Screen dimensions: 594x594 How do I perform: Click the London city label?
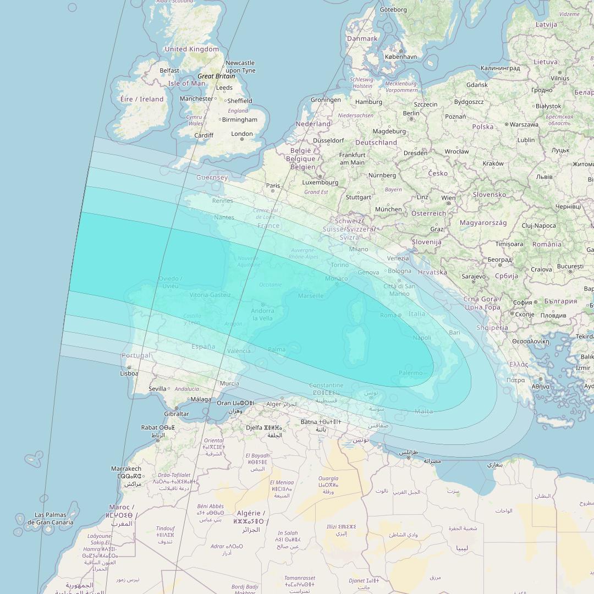pyautogui.click(x=242, y=134)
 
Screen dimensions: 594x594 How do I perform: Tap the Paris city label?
pyautogui.click(x=273, y=186)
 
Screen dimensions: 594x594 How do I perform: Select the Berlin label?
pyautogui.click(x=411, y=113)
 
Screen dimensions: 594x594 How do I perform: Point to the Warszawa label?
pyautogui.click(x=524, y=125)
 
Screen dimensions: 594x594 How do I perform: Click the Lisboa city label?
pyautogui.click(x=129, y=373)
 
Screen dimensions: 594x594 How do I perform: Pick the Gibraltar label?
pyautogui.click(x=177, y=414)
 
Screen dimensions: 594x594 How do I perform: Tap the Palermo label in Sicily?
pyautogui.click(x=411, y=373)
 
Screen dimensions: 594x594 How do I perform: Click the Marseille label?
pyautogui.click(x=311, y=296)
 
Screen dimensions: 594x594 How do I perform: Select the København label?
pyautogui.click(x=401, y=57)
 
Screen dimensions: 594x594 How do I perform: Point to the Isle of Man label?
pyautogui.click(x=186, y=84)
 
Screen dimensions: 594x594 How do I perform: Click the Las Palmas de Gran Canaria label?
pyautogui.click(x=50, y=519)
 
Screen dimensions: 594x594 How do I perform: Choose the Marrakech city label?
pyautogui.click(x=126, y=469)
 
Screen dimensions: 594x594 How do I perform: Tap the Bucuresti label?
pyautogui.click(x=570, y=266)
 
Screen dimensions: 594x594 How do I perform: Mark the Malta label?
pyautogui.click(x=424, y=411)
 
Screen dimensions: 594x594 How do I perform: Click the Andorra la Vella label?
pyautogui.click(x=262, y=315)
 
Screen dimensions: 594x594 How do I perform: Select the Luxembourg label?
pyautogui.click(x=320, y=182)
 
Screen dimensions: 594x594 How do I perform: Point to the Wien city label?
pyautogui.click(x=448, y=198)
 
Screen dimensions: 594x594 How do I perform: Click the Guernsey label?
pyautogui.click(x=212, y=178)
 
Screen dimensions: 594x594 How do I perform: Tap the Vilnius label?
pyautogui.click(x=560, y=79)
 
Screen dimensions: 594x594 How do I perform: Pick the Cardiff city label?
pyautogui.click(x=204, y=135)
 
